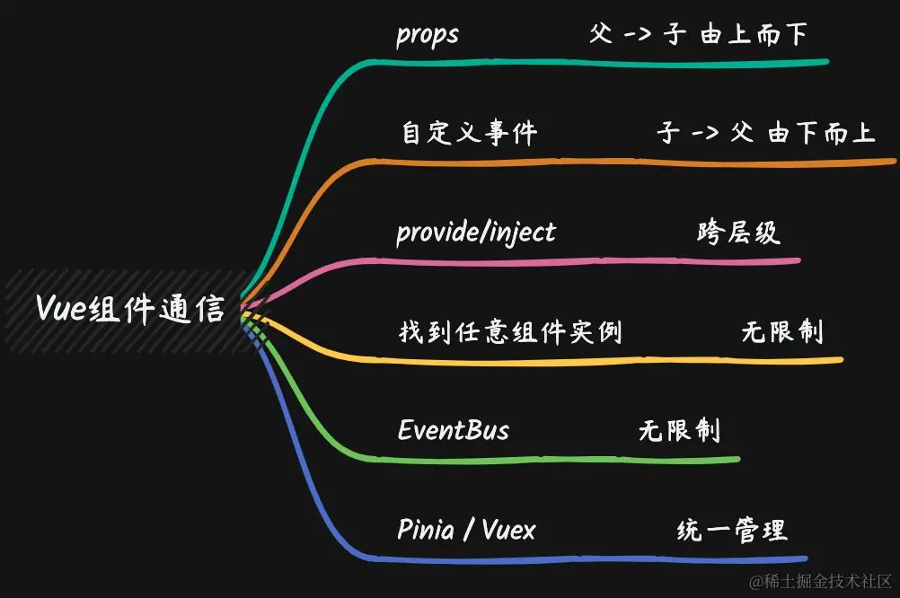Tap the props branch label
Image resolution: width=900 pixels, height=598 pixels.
[428, 35]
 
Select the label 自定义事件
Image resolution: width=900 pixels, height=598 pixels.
[469, 134]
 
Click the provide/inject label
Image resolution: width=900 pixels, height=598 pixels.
[476, 233]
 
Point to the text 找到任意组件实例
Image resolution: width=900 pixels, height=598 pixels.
[509, 332]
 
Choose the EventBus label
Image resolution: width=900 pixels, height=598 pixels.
[454, 430]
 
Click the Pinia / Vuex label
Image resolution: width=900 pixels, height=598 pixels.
[466, 530]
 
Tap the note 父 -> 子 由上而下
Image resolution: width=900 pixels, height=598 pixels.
[698, 35]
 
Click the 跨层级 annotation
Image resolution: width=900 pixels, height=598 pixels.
[738, 233]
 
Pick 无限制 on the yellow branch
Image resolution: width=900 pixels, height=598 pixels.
[781, 332]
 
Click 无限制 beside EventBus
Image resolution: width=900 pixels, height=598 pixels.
[679, 430]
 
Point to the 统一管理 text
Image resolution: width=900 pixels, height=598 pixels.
[731, 530]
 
